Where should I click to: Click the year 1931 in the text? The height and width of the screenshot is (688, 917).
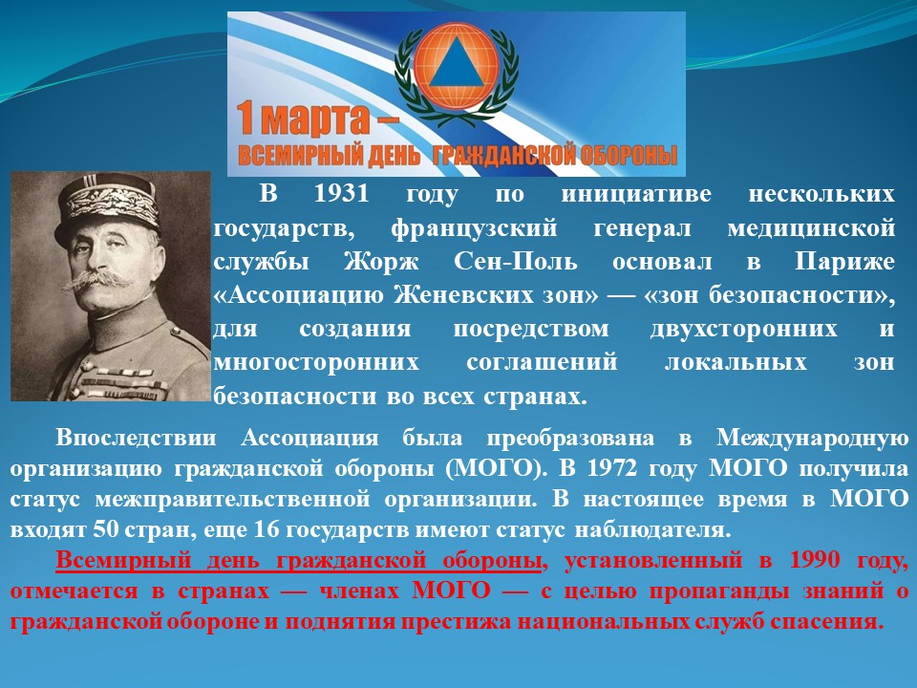(x=342, y=194)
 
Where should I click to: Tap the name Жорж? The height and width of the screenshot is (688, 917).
(x=381, y=262)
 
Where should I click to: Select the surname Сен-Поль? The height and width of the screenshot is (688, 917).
(x=516, y=262)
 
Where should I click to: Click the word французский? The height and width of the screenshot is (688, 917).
(x=475, y=228)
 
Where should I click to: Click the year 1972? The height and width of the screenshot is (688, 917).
(x=611, y=468)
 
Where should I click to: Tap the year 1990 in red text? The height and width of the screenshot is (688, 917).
(x=814, y=560)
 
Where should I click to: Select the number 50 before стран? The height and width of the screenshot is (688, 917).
(x=105, y=529)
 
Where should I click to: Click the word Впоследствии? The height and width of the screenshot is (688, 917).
(x=136, y=439)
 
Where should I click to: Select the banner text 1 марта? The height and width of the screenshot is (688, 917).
(x=317, y=119)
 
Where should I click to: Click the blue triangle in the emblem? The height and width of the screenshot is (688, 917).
(x=457, y=69)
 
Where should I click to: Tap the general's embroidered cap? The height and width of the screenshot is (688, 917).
(x=109, y=206)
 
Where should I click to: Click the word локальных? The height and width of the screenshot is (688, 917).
(x=736, y=362)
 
